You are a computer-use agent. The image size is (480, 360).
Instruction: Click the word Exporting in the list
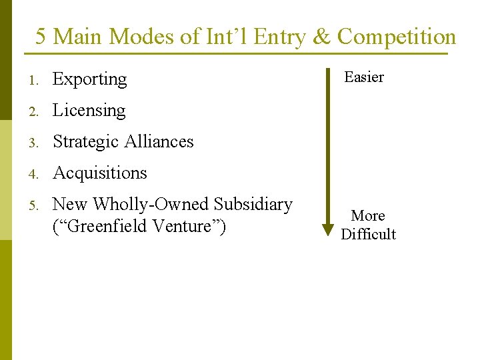click(x=89, y=79)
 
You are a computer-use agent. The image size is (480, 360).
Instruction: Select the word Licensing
click(x=89, y=111)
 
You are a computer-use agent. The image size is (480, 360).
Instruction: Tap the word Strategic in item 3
click(x=83, y=141)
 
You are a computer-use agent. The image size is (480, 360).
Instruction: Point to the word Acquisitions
click(x=99, y=173)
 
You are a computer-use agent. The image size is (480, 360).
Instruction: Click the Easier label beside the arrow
click(x=363, y=77)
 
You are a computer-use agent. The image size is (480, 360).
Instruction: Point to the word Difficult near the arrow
click(x=368, y=234)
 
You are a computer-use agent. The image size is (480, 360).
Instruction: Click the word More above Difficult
click(x=368, y=216)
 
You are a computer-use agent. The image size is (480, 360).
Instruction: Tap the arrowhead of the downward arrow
click(x=328, y=229)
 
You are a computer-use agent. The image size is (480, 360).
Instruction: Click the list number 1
click(x=32, y=80)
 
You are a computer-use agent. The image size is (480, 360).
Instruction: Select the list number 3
click(x=32, y=142)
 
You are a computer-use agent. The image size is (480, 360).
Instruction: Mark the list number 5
click(x=32, y=205)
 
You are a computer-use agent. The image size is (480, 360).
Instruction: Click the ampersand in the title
click(x=321, y=37)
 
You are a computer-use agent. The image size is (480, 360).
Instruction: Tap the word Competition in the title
click(x=396, y=37)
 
